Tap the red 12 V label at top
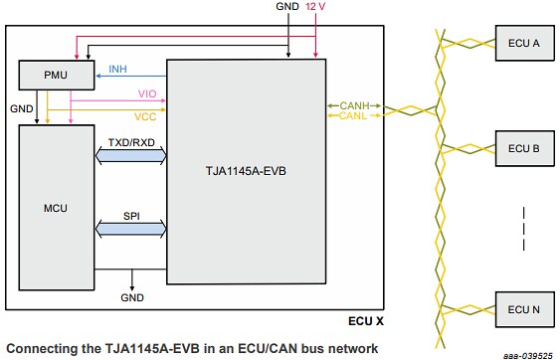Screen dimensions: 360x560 tap(315, 8)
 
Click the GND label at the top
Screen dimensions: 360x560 tap(286, 8)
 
